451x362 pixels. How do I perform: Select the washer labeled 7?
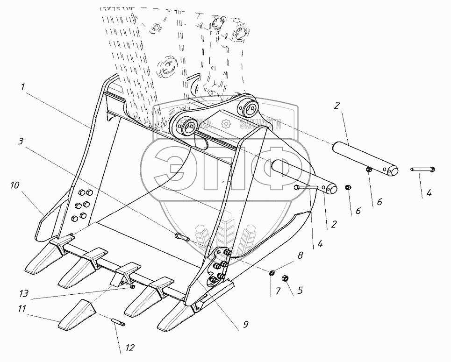click(x=272, y=273)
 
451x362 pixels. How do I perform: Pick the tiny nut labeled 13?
click(x=133, y=287)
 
